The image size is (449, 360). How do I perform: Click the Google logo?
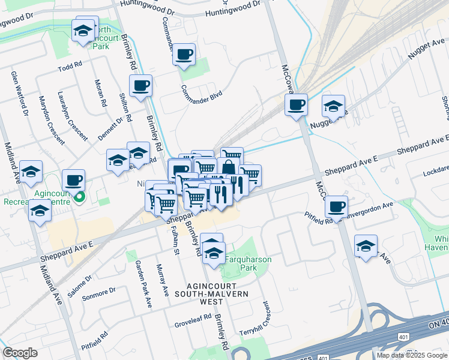[x=20, y=353]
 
